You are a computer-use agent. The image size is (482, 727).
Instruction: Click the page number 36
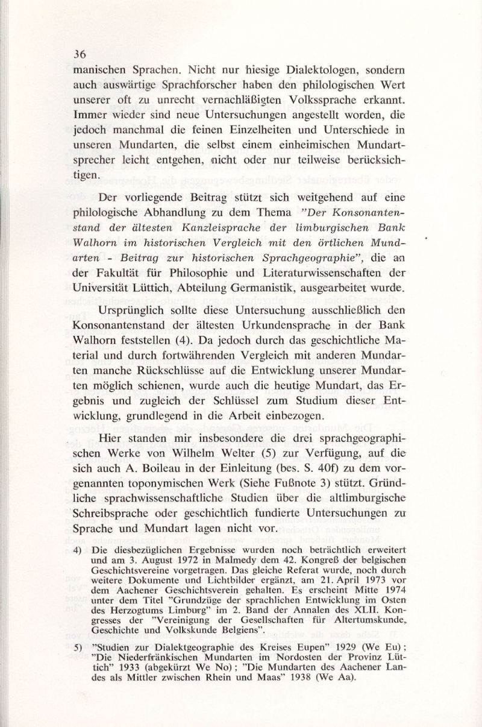click(x=78, y=54)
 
